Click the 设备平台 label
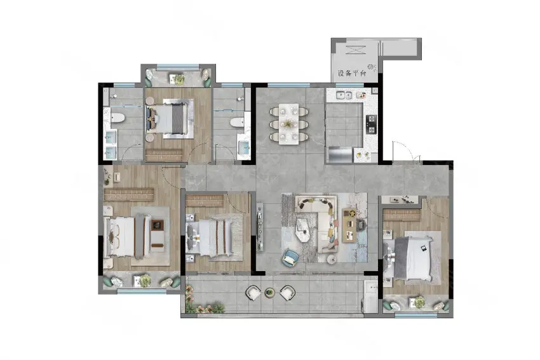pyautogui.click(x=351, y=73)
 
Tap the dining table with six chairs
pyautogui.click(x=288, y=124)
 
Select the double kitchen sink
pyautogui.click(x=344, y=95)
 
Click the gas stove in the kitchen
pyautogui.click(x=372, y=124)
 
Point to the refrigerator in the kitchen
pyautogui.click(x=341, y=154)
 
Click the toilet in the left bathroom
pyautogui.click(x=116, y=117)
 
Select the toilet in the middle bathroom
pyautogui.click(x=238, y=122)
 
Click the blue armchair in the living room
pyautogui.click(x=291, y=258)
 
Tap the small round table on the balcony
pyautogui.click(x=269, y=293)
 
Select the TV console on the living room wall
pyautogui.click(x=260, y=227)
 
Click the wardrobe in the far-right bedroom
pyautogui.click(x=402, y=215)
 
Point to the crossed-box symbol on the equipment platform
pyautogui.click(x=354, y=50)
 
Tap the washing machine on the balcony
pyautogui.click(x=371, y=297)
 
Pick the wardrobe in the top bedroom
pyautogui.click(x=164, y=155)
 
